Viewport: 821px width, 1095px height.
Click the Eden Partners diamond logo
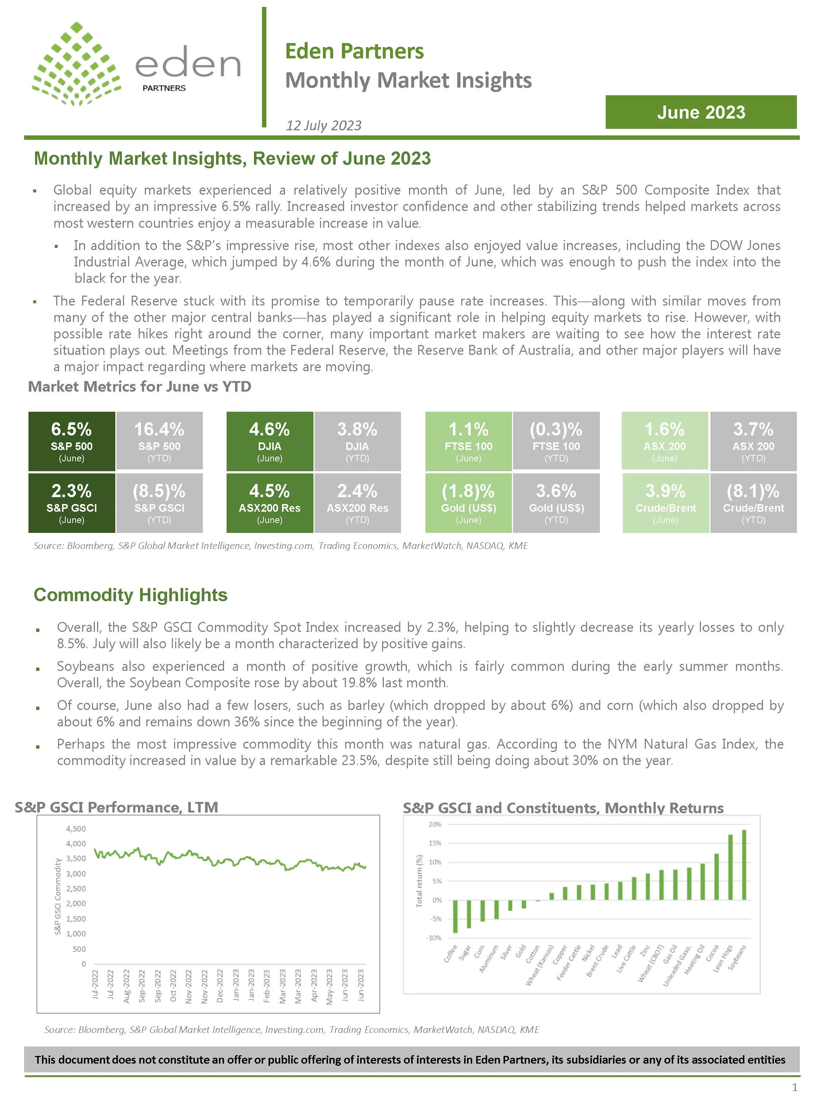pyautogui.click(x=77, y=64)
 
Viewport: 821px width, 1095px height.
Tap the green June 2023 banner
pyautogui.click(x=700, y=112)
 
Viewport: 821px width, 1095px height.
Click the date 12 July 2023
pyautogui.click(x=324, y=125)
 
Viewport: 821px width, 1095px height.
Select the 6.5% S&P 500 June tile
pyautogui.click(x=72, y=441)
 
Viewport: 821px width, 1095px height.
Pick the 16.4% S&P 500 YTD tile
pyautogui.click(x=159, y=441)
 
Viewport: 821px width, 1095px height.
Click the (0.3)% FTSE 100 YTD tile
pyautogui.click(x=556, y=441)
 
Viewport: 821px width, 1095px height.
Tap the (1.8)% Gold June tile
pyautogui.click(x=468, y=503)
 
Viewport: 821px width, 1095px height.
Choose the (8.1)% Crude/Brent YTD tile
pyautogui.click(x=753, y=503)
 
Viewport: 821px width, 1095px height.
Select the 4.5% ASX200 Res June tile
pyautogui.click(x=270, y=503)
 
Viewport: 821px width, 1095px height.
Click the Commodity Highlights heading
pyautogui.click(x=131, y=595)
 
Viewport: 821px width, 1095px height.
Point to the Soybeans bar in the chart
pyautogui.click(x=744, y=864)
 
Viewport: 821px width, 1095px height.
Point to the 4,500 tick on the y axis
pyautogui.click(x=76, y=829)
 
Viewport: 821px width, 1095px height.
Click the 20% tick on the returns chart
pyautogui.click(x=435, y=825)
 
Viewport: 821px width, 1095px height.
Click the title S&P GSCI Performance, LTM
pyautogui.click(x=116, y=807)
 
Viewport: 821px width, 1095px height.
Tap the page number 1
pyautogui.click(x=795, y=1087)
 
